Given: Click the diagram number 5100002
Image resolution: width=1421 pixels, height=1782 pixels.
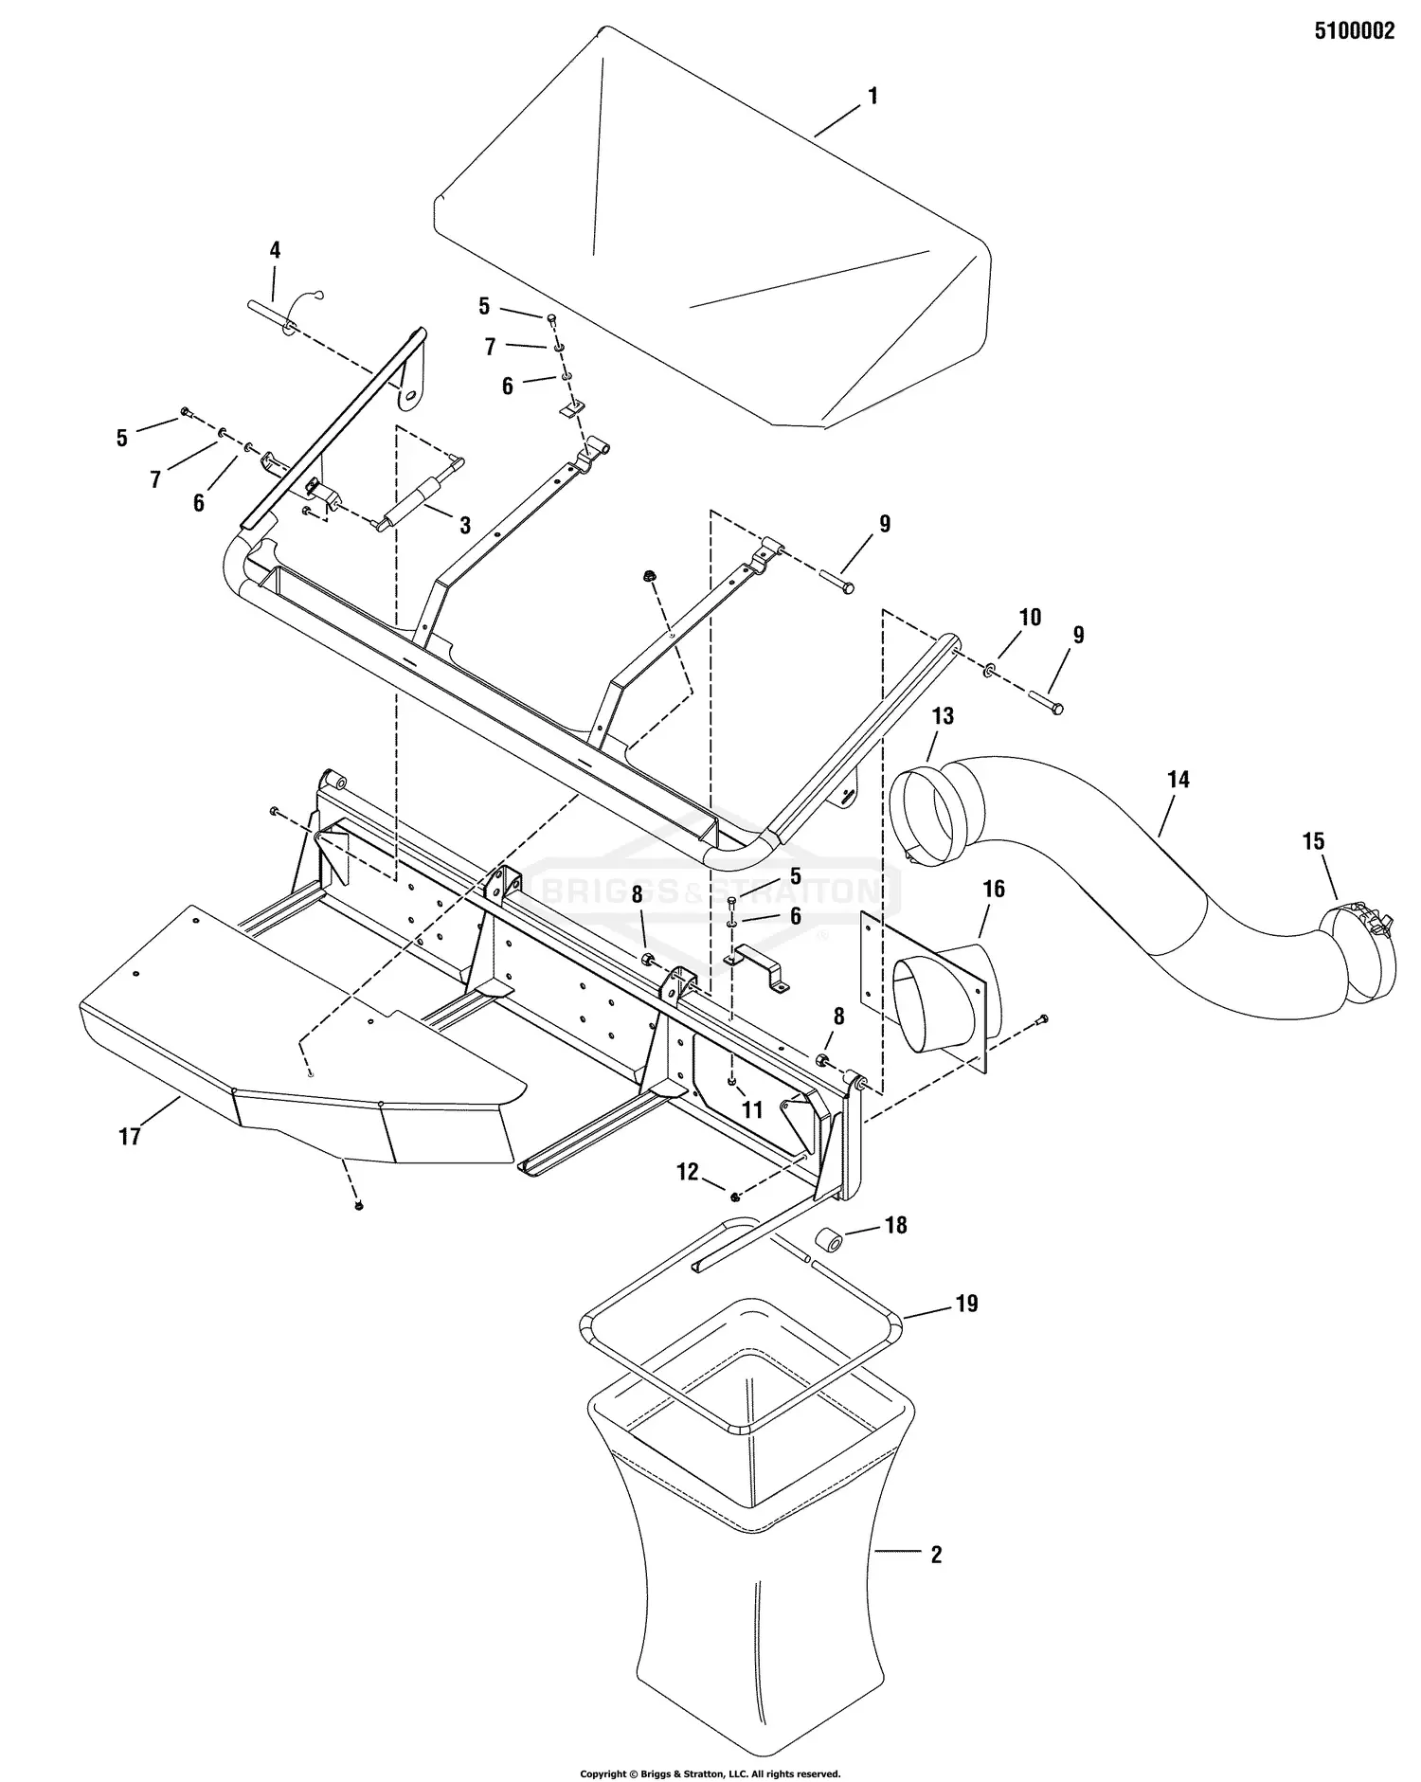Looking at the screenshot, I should (x=1354, y=31).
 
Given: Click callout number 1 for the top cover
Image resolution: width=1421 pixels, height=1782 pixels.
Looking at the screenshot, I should (x=872, y=96).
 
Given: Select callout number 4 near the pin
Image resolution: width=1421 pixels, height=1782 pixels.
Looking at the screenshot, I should (x=275, y=250).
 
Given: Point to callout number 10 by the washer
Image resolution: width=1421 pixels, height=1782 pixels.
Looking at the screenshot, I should (x=1030, y=617).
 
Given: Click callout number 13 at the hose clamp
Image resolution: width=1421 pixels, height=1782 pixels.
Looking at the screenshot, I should (x=943, y=716).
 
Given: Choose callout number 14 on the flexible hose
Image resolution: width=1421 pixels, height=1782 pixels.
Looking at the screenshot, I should (x=1178, y=780).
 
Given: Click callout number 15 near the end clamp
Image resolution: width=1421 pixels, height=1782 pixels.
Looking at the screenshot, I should (x=1313, y=841).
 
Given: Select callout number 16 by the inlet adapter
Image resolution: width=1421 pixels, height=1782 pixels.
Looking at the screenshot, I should (x=994, y=889).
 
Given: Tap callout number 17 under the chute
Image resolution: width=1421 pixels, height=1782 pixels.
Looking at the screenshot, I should (x=129, y=1136).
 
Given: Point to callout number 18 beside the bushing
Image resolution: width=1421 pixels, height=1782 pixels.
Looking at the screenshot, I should (x=894, y=1225).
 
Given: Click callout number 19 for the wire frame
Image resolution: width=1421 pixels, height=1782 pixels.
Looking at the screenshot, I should (x=965, y=1304).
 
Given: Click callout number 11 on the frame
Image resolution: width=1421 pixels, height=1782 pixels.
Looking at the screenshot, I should (x=751, y=1109).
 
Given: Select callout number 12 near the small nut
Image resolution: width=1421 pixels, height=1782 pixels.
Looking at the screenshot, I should (x=687, y=1172).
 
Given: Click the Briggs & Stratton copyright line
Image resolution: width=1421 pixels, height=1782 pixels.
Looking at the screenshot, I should (x=710, y=1773).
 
